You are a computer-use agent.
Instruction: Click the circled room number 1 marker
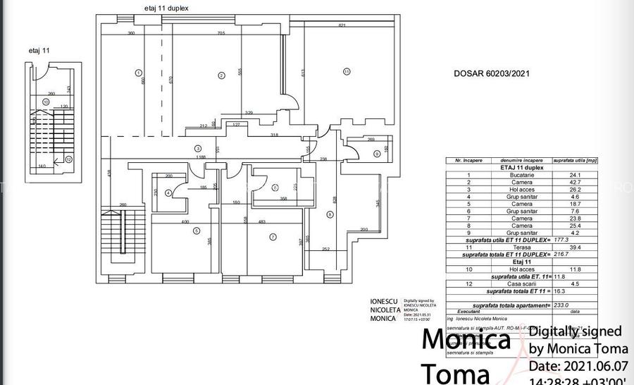point(138,72)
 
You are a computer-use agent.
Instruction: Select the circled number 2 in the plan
point(221,75)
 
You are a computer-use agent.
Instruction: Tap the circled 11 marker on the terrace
point(347,71)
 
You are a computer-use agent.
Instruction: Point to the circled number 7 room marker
point(273,237)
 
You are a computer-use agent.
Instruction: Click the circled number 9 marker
point(376,153)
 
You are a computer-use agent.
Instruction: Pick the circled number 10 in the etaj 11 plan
point(46,102)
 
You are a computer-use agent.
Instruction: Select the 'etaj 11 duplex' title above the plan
point(162,8)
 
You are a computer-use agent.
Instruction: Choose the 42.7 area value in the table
point(574,182)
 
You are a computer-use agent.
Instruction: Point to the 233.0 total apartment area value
point(573,305)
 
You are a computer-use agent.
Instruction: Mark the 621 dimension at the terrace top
point(342,25)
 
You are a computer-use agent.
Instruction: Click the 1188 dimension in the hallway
point(201,157)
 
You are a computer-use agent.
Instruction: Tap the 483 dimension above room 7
point(262,222)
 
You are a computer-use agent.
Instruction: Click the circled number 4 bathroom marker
point(168,192)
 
